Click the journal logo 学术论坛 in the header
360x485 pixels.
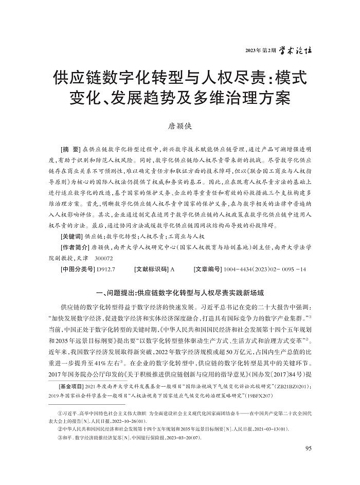pyautogui.click(x=297, y=50)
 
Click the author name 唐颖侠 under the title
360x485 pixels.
pyautogui.click(x=180, y=125)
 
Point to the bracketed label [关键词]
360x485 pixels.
pyautogui.click(x=71, y=236)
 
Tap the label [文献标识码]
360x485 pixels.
pyautogui.click(x=151, y=268)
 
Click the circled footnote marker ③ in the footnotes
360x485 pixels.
pyautogui.click(x=60, y=437)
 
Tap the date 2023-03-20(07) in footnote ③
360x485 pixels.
pyautogui.click(x=177, y=437)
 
